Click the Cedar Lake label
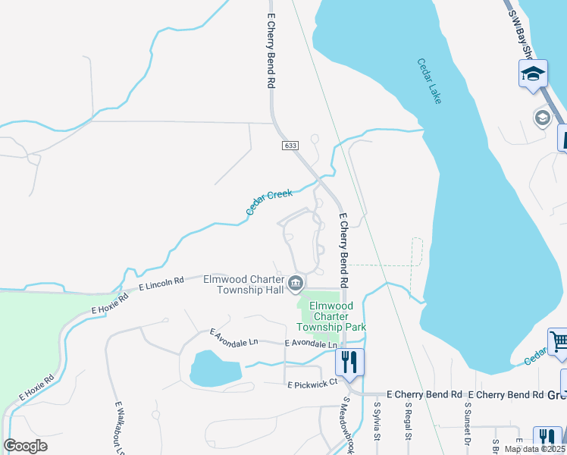[x=428, y=82]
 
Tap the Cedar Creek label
[x=269, y=203]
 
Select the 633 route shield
[x=290, y=145]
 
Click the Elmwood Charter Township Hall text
[x=243, y=284]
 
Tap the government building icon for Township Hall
[x=296, y=284]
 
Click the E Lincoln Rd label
[x=161, y=284]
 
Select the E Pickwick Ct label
[x=311, y=385]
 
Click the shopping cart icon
[x=557, y=341]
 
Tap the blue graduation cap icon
[x=533, y=74]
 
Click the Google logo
[x=25, y=446]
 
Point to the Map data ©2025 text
[x=534, y=449]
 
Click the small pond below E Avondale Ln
[x=215, y=368]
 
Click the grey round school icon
[x=542, y=118]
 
